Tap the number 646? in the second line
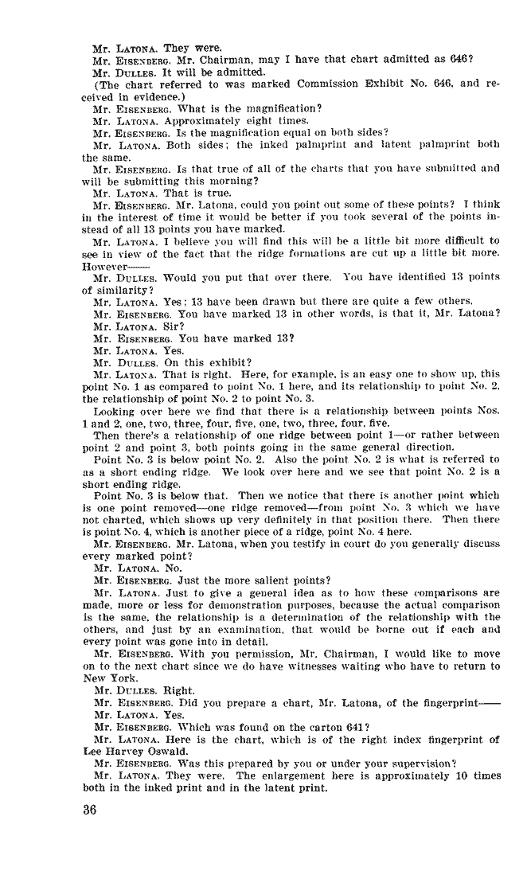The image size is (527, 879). pyautogui.click(x=463, y=60)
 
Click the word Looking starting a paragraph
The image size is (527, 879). pyautogui.click(x=115, y=411)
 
